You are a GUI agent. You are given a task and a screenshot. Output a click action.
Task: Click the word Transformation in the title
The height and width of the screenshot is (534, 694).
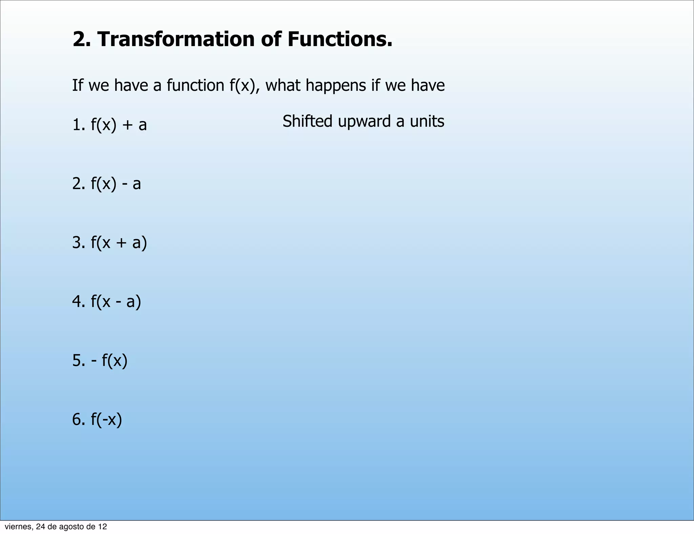point(176,39)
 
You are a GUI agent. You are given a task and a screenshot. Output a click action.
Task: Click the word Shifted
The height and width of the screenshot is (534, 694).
point(307,121)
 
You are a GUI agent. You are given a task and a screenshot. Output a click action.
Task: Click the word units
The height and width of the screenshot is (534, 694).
point(427,121)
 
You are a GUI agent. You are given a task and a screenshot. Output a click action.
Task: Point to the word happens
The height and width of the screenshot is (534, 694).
point(335,85)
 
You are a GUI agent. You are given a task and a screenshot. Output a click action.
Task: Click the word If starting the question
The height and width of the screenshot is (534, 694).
point(78,85)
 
